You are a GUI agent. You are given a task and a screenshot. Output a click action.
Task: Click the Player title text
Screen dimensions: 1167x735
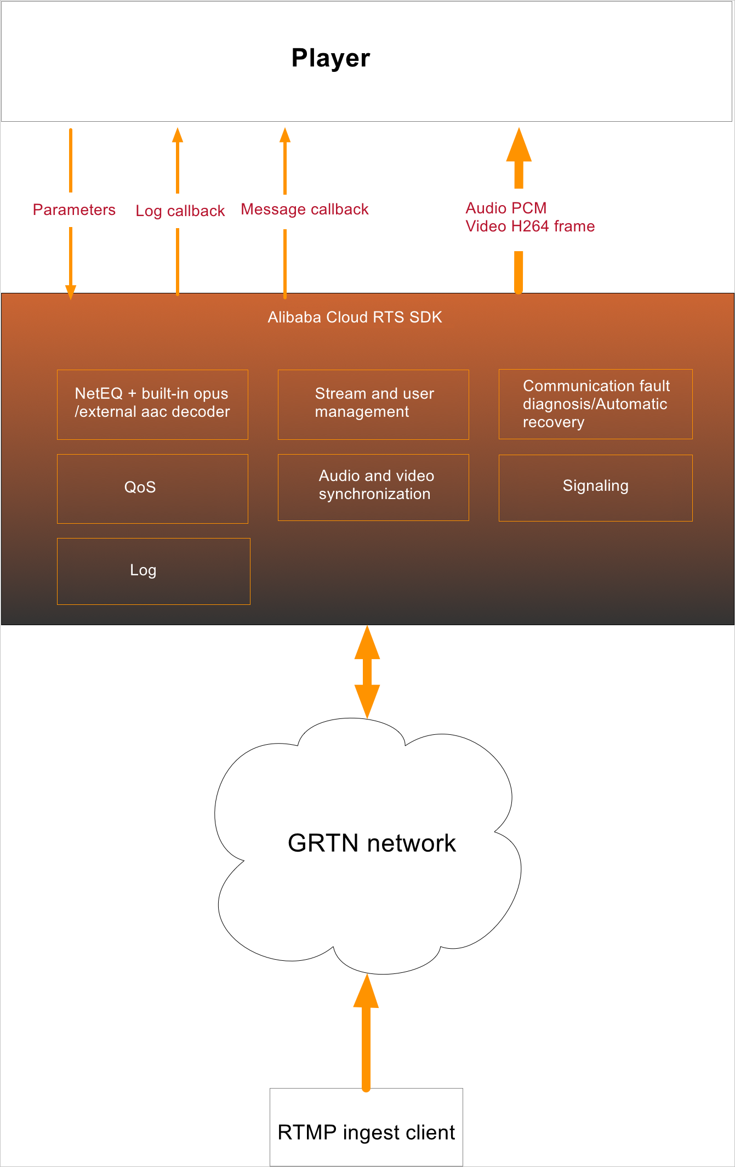tap(331, 58)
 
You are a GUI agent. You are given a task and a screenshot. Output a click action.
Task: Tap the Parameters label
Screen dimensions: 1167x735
tap(74, 210)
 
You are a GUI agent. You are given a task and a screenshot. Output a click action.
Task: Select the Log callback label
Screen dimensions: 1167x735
tap(180, 211)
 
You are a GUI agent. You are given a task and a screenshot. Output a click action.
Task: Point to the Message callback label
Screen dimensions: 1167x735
tap(305, 209)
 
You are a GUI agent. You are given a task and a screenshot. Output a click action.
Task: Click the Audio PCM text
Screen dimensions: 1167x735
tap(506, 208)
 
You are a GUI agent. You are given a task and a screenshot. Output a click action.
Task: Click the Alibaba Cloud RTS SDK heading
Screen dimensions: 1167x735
tap(355, 318)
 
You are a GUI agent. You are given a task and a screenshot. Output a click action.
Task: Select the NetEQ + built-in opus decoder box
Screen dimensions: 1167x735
tap(152, 404)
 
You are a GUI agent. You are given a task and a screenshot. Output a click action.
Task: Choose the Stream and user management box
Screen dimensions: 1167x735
tap(373, 404)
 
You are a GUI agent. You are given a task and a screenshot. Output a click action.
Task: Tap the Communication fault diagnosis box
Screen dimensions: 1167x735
tap(595, 404)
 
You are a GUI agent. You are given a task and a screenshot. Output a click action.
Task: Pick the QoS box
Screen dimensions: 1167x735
tap(152, 488)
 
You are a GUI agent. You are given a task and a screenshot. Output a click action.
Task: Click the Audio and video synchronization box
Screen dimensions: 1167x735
tap(373, 487)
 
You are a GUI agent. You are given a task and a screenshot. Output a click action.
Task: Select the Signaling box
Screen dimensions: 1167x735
tap(595, 488)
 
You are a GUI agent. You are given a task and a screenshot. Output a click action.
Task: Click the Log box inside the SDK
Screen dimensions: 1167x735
tap(153, 571)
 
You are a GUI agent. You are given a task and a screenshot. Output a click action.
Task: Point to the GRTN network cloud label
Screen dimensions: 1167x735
tap(372, 843)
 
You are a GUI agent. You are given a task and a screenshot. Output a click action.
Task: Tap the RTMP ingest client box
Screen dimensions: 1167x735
tap(366, 1132)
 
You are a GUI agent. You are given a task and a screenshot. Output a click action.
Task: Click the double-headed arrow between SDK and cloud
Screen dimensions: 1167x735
tap(367, 672)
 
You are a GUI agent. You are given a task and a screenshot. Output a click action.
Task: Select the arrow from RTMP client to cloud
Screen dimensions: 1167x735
tap(366, 1036)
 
